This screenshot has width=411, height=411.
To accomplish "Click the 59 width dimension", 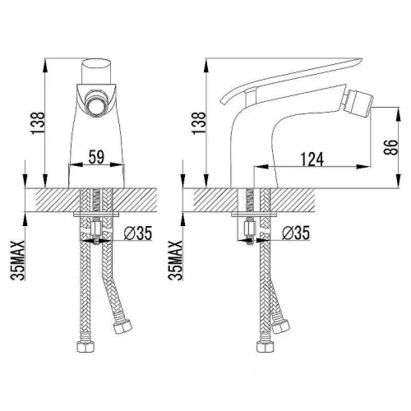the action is coord(97,157).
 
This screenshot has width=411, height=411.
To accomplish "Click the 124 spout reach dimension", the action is coord(312,159).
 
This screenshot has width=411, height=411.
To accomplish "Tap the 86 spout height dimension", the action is coord(390,147).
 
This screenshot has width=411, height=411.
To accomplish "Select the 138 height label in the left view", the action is coord(38,122).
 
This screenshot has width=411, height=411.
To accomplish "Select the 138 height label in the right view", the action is coord(199,122).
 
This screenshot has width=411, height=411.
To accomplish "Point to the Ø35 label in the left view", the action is coord(137,233).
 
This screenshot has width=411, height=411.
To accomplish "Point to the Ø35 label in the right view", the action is coord(296,233).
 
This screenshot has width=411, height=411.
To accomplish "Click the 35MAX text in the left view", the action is coord(18,261).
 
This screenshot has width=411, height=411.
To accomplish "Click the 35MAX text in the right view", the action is coord(175,261).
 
